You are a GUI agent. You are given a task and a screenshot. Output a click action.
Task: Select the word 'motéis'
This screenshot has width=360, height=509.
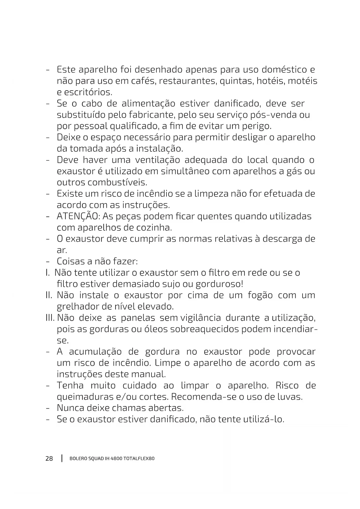pyautogui.click(x=303, y=81)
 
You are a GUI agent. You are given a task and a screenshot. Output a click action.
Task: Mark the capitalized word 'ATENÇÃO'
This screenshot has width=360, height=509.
pyautogui.click(x=77, y=216)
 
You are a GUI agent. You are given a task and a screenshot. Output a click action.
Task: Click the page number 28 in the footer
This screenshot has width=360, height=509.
pyautogui.click(x=49, y=459)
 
